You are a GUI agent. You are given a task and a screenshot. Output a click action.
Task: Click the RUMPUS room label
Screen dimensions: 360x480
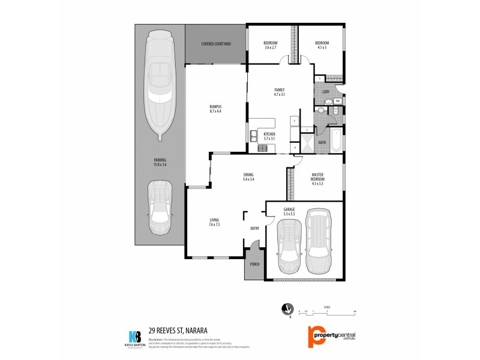tap(215, 109)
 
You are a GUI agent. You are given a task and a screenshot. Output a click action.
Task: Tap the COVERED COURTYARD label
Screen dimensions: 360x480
tap(216, 44)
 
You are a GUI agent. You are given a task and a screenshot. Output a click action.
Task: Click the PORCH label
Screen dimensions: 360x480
tap(253, 264)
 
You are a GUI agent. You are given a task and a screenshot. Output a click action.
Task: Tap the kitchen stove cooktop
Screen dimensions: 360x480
tap(262, 148)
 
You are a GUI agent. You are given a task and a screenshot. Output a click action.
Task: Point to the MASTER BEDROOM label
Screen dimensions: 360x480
tap(317, 180)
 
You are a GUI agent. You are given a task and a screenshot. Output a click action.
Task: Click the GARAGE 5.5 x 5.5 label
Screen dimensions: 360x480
tap(289, 212)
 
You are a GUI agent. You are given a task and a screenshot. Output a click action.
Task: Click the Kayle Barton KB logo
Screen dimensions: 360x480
tap(136, 337)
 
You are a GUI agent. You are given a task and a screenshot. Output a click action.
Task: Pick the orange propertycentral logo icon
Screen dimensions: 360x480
tap(316, 337)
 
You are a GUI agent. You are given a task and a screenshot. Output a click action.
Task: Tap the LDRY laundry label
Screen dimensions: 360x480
tap(326, 92)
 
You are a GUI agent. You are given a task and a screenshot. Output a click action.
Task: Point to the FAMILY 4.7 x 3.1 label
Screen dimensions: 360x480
tap(279, 92)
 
